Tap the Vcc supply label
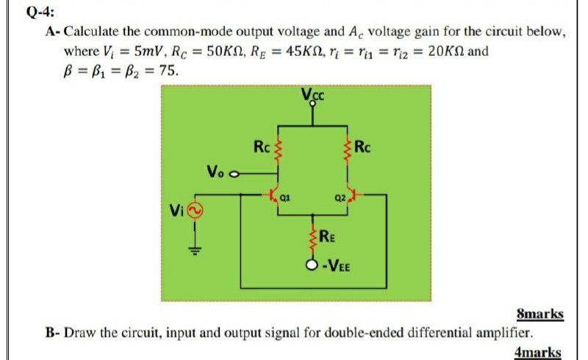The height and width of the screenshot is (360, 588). pyautogui.click(x=312, y=94)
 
